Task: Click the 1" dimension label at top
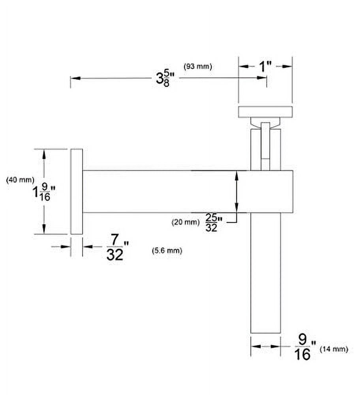(x=265, y=67)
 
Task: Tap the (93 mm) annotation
(x=198, y=66)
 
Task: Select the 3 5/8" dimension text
(x=165, y=79)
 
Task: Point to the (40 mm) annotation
(x=20, y=180)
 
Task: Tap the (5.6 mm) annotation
(x=167, y=251)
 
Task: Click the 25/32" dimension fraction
(x=214, y=222)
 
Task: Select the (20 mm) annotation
(x=186, y=222)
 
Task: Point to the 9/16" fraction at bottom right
(x=305, y=347)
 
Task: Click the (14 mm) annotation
(x=334, y=349)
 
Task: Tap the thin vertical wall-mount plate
(x=77, y=192)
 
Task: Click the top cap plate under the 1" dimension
(x=265, y=112)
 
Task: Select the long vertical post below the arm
(x=265, y=273)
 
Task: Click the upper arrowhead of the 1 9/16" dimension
(x=44, y=154)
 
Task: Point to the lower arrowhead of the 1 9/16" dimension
(x=44, y=229)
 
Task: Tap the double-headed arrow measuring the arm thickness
(x=236, y=192)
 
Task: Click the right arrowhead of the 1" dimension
(x=287, y=66)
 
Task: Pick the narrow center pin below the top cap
(x=265, y=146)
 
